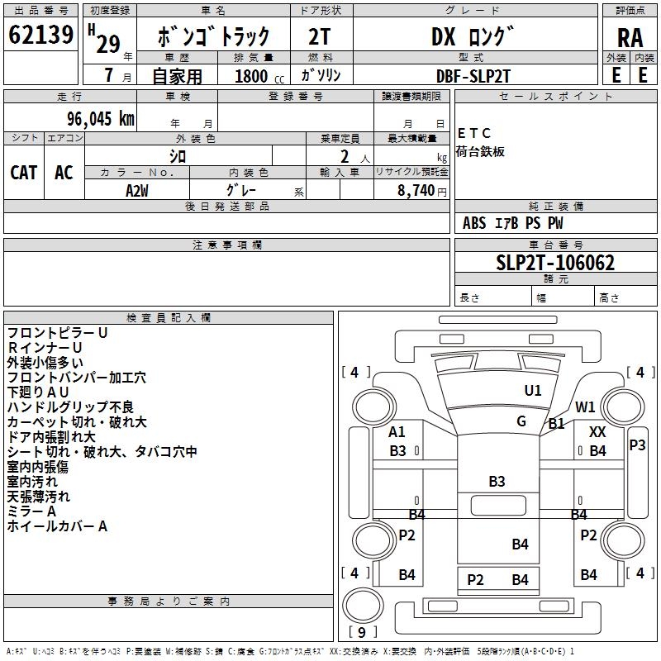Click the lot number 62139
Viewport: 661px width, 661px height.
coord(40,35)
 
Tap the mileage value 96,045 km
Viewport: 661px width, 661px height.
coord(101,119)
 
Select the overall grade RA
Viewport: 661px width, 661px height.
coord(630,38)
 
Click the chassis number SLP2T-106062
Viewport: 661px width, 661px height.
coord(555,263)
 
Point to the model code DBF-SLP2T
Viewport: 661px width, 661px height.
coord(473,76)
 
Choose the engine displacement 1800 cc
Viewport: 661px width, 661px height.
coord(259,76)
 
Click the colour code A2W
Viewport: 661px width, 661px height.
coord(137,191)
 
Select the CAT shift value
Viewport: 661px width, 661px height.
coord(24,173)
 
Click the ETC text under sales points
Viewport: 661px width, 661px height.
coord(473,133)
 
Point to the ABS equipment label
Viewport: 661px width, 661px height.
coord(474,223)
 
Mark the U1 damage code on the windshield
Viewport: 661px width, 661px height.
coord(533,390)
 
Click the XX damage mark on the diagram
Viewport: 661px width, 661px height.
coord(597,431)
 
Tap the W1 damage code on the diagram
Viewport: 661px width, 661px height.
coord(585,407)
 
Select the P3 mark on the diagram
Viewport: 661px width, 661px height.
coord(637,445)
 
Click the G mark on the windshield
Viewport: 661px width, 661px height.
coord(521,421)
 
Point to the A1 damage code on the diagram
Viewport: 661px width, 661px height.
coord(397,431)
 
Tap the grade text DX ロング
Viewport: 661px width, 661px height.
coord(473,36)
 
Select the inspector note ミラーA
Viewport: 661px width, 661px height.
coord(31,511)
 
